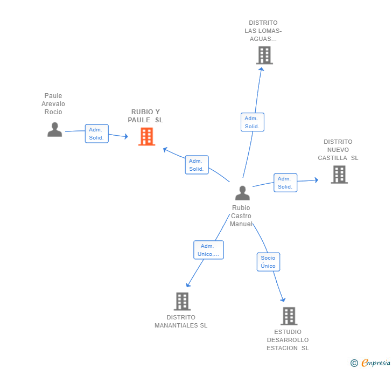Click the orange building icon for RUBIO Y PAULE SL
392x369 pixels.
click(147, 137)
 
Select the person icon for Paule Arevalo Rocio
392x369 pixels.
click(55, 129)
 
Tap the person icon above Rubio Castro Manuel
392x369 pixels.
click(242, 193)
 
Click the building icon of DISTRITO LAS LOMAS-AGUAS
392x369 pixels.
click(264, 55)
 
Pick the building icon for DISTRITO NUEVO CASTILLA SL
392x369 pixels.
click(339, 175)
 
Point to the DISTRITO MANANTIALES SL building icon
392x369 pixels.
click(182, 302)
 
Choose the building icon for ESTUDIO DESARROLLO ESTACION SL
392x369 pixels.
click(289, 316)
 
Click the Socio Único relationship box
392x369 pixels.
click(268, 262)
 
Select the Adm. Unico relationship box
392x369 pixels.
click(208, 250)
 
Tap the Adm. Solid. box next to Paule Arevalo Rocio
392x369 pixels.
click(97, 134)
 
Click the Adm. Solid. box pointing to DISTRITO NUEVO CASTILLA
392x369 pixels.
click(285, 183)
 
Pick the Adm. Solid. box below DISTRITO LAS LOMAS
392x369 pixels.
click(253, 122)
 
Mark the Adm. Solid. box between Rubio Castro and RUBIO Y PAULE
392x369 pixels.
click(197, 165)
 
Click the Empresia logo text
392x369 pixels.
click(376, 363)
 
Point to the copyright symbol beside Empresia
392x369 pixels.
click(354, 363)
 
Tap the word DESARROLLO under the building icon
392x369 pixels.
click(288, 340)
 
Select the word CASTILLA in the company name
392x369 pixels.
click(333, 158)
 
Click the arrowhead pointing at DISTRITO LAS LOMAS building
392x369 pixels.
click(261, 69)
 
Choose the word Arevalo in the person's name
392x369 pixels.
click(53, 104)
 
